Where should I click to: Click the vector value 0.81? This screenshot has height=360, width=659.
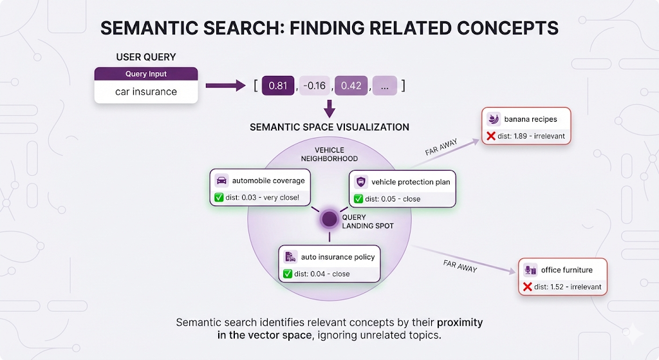(277, 86)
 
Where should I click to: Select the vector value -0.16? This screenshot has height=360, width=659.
(315, 86)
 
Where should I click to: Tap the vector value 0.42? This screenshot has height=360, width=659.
(351, 86)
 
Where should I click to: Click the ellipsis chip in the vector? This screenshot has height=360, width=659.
(384, 86)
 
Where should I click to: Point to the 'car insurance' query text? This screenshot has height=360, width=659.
(146, 91)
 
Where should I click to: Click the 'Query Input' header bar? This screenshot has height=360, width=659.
(146, 74)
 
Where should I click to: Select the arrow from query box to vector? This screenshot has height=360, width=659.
(225, 85)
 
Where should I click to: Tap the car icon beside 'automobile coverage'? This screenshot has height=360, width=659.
(221, 181)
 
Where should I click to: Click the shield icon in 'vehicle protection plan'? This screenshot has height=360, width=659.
(360, 182)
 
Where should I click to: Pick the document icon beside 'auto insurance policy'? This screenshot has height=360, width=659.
(290, 256)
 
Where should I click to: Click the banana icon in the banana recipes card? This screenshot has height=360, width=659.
(494, 119)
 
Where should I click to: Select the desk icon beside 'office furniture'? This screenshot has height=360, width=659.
(530, 270)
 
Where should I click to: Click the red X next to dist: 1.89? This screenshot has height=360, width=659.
(491, 137)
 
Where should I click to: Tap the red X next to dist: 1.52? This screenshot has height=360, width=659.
(528, 287)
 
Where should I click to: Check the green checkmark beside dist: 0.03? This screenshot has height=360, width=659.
(219, 198)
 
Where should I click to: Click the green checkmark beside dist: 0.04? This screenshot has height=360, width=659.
(288, 274)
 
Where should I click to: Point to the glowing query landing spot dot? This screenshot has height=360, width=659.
(329, 219)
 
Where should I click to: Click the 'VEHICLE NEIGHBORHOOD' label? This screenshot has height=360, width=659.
(329, 154)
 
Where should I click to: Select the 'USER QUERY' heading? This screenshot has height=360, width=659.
(146, 57)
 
